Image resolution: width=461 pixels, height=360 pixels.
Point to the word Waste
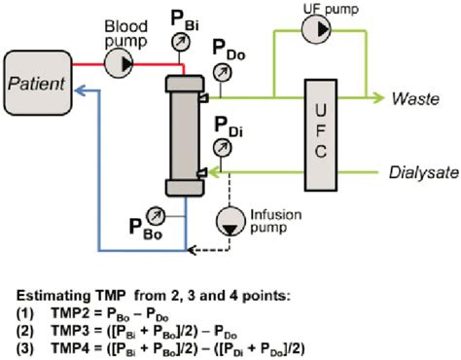[x=417, y=98]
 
